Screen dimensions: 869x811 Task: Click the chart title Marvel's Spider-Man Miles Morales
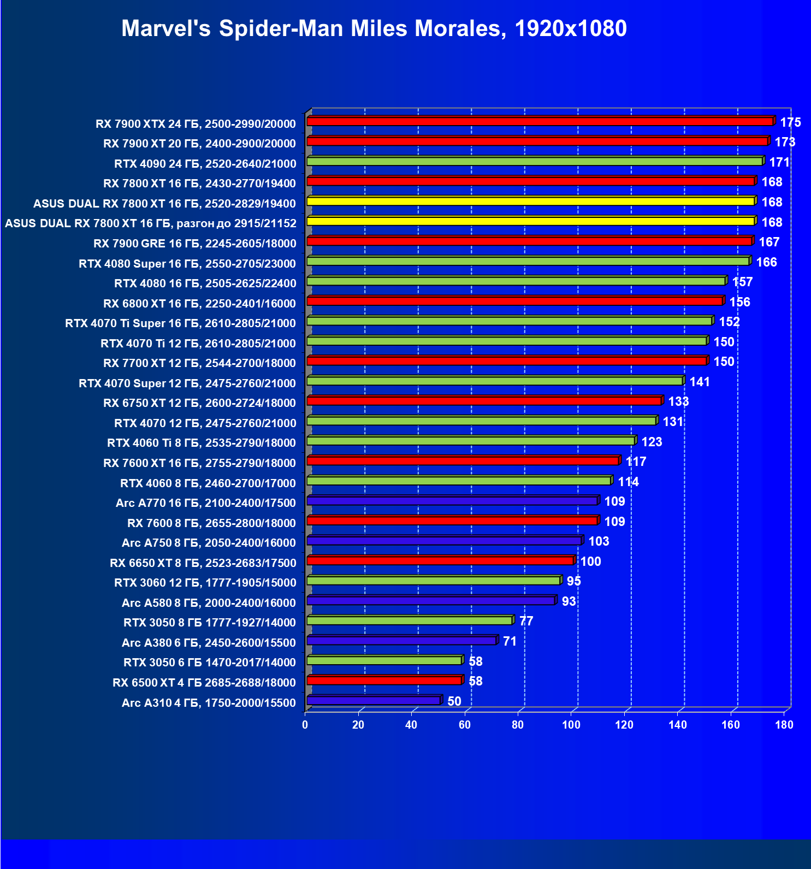(374, 28)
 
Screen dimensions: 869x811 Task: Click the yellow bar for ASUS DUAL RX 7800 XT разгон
(530, 221)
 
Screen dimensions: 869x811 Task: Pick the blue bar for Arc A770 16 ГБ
(452, 501)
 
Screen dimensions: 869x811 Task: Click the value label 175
(790, 122)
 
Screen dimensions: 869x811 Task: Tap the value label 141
(700, 382)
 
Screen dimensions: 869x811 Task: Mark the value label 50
(454, 701)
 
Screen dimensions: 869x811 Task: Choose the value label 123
(652, 442)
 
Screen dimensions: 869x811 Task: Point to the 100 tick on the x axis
(571, 725)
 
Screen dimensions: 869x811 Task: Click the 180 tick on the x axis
(784, 725)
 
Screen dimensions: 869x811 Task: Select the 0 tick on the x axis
(305, 725)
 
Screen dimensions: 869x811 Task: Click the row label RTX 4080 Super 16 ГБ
(187, 264)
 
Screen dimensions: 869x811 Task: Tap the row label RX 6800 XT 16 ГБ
(199, 304)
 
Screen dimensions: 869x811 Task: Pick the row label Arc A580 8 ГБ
(209, 603)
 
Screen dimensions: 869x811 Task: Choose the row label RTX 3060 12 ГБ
(205, 583)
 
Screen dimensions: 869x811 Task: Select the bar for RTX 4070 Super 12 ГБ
(494, 381)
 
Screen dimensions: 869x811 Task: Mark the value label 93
(569, 601)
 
